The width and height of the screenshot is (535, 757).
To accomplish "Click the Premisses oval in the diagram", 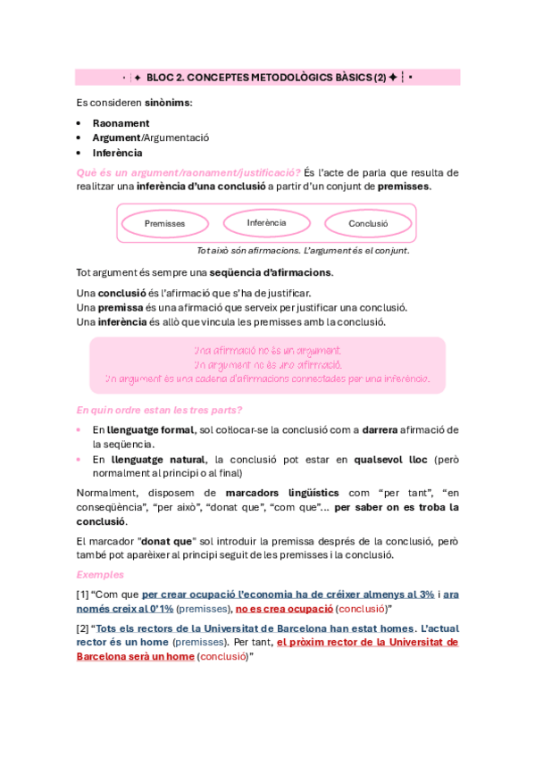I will click(x=164, y=223).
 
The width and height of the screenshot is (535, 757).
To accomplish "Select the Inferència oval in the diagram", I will click(x=266, y=222).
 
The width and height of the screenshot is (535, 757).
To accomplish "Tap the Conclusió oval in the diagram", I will click(x=368, y=224).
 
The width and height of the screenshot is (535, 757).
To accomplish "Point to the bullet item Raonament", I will click(x=121, y=123).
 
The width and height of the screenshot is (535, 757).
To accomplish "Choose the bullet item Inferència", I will click(x=117, y=153).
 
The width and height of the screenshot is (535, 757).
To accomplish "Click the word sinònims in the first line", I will click(x=168, y=103).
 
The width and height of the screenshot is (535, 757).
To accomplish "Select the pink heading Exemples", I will click(x=100, y=574).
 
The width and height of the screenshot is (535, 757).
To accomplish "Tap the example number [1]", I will click(x=82, y=595).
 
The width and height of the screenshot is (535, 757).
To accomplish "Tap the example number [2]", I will click(x=82, y=628).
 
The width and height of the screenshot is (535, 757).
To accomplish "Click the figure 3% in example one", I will click(x=425, y=595).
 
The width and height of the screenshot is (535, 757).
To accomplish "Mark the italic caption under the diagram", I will click(x=303, y=251).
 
